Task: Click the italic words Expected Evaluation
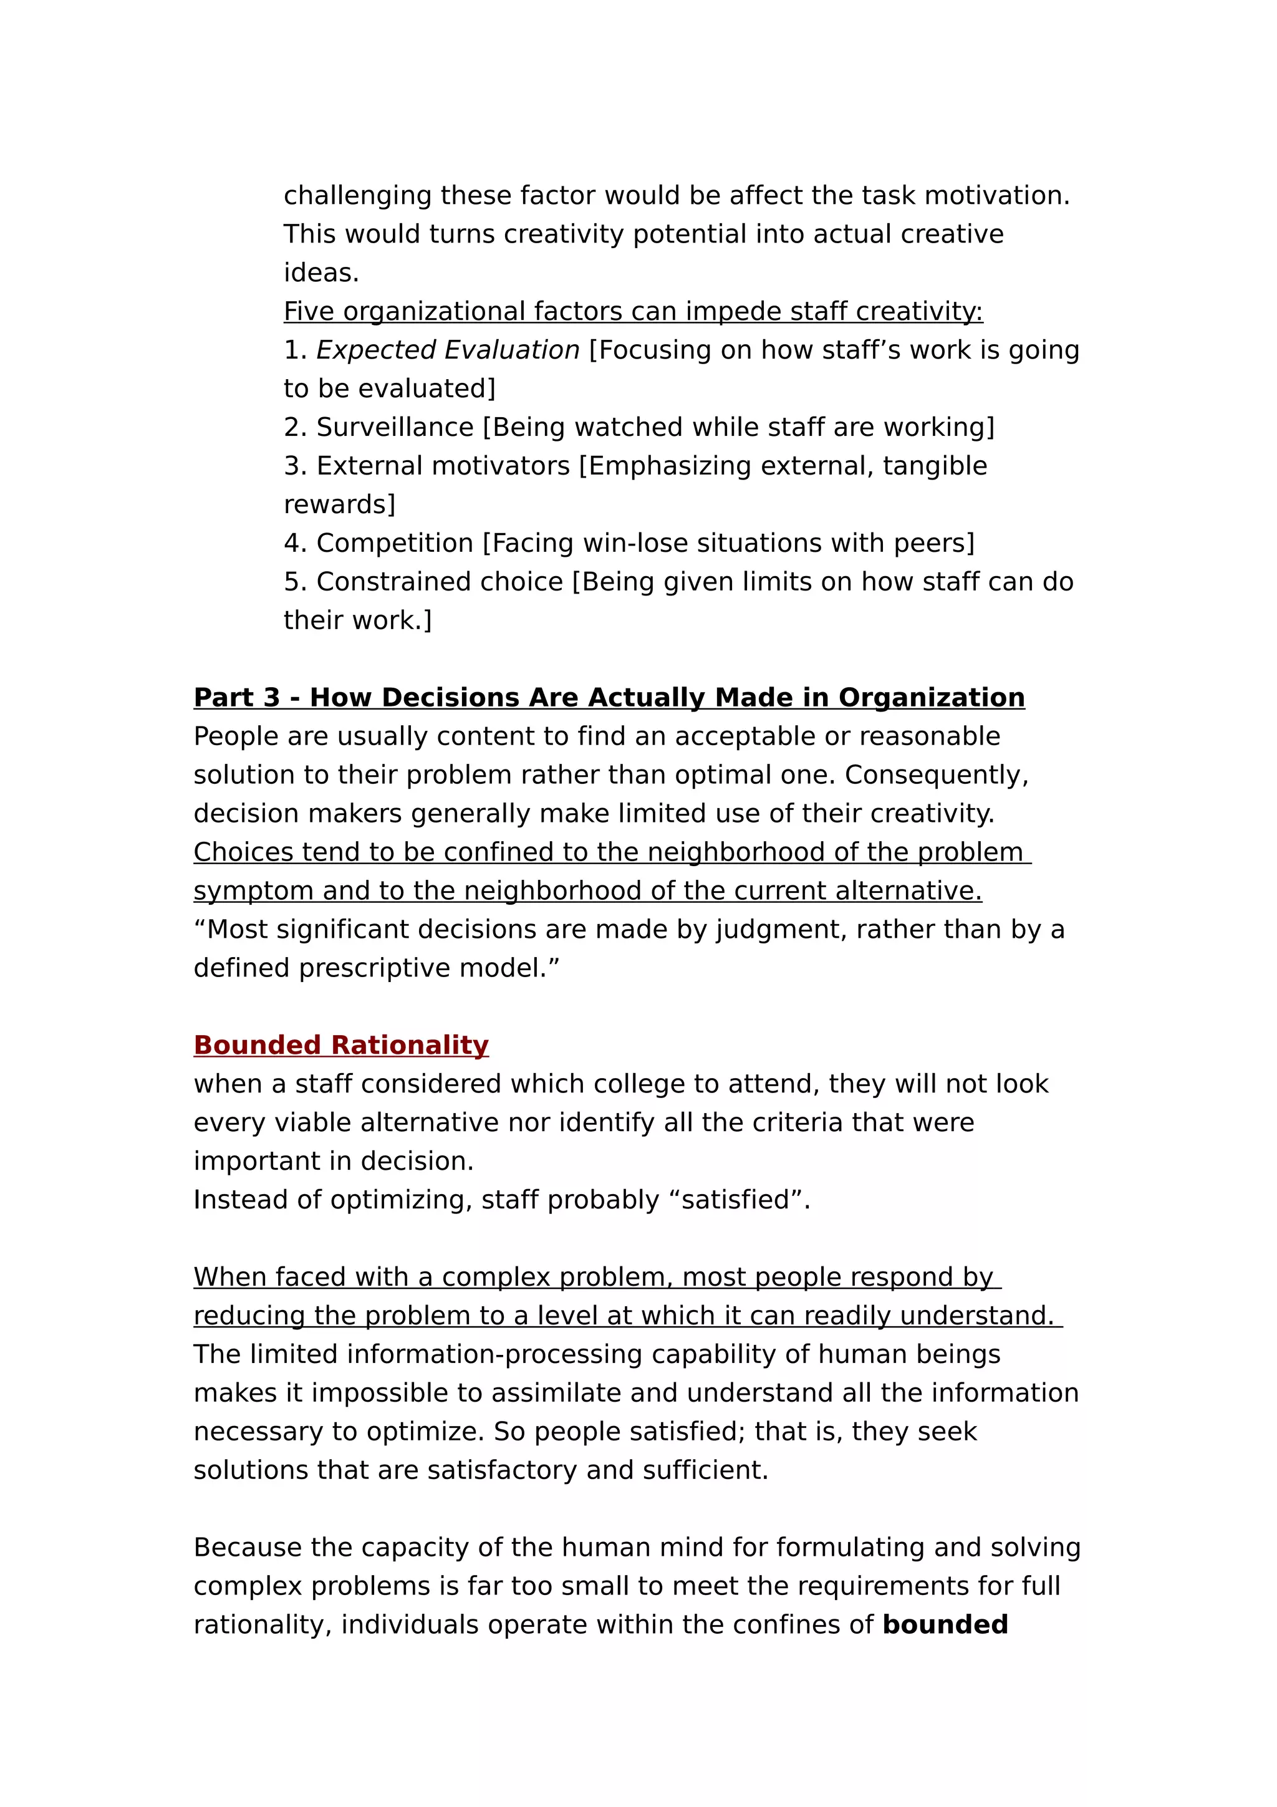[x=448, y=350]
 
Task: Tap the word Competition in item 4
[x=394, y=543]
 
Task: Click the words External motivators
[x=442, y=466]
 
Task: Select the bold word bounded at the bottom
[x=945, y=1624]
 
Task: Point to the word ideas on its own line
[x=321, y=273]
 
